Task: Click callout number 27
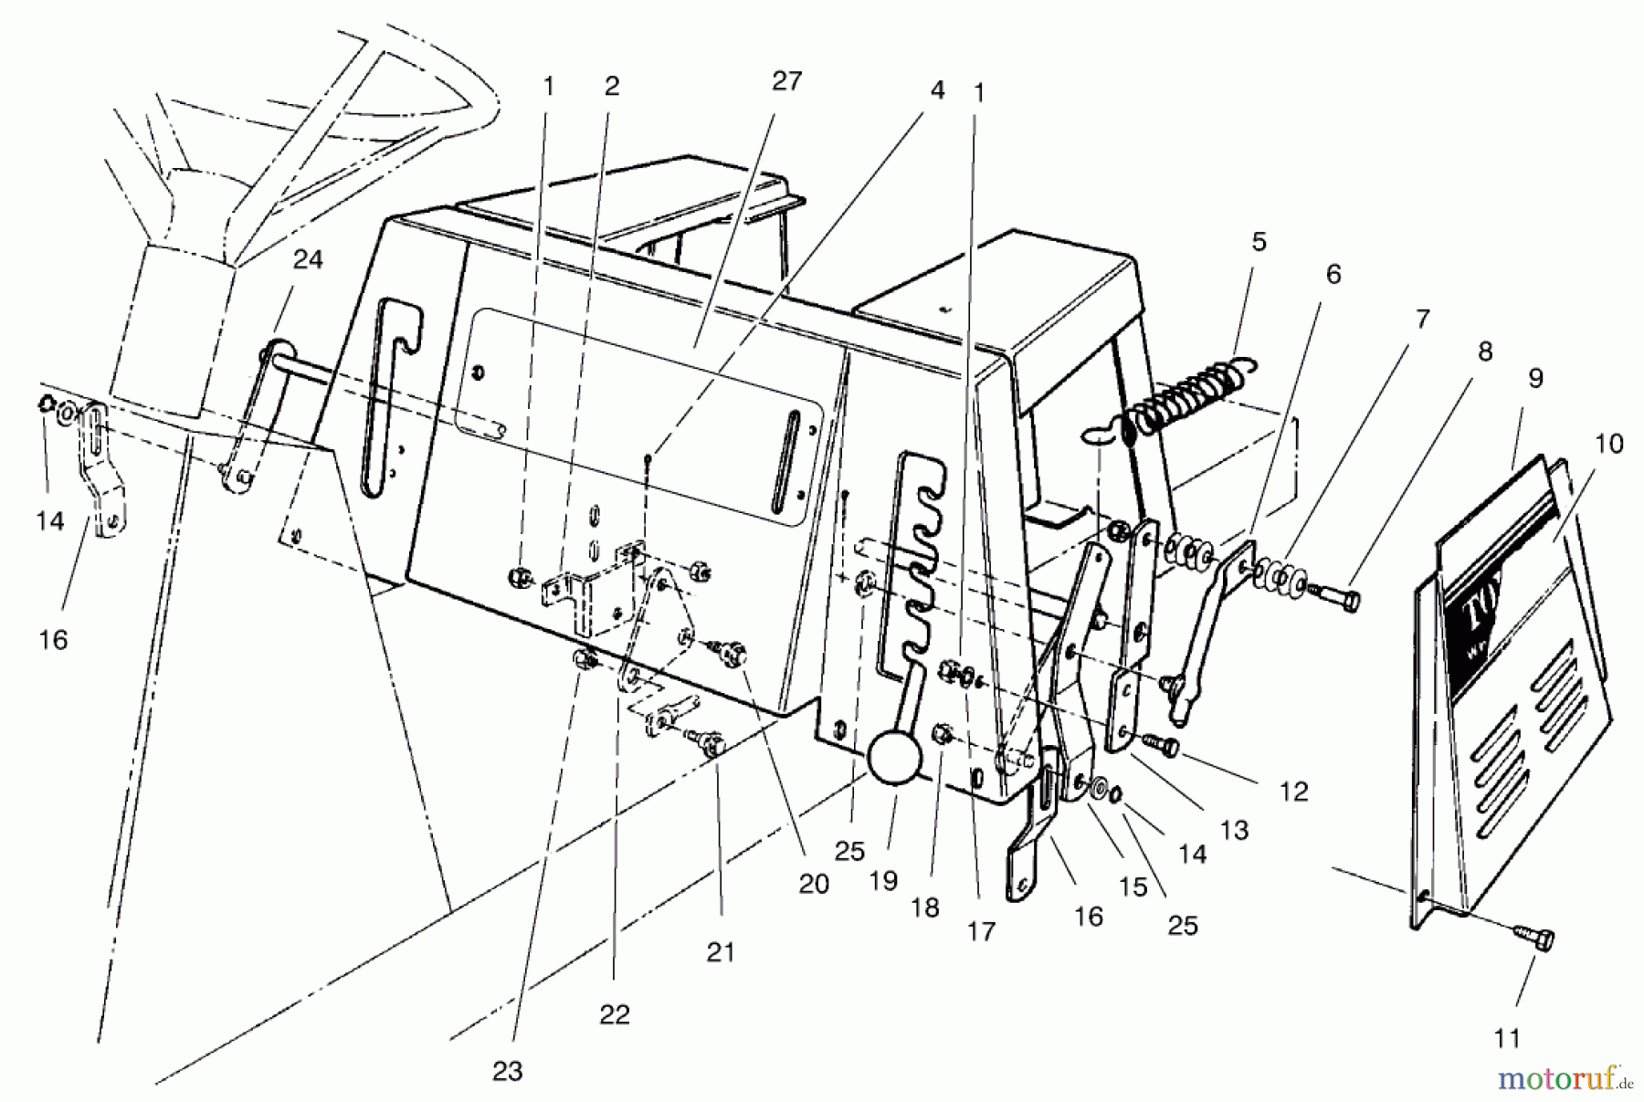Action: pyautogui.click(x=786, y=82)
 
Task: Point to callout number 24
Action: pyautogui.click(x=308, y=260)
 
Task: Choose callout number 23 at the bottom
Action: pyautogui.click(x=507, y=1071)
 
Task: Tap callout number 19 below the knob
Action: pyautogui.click(x=884, y=881)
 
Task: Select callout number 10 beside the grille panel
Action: pyautogui.click(x=1609, y=445)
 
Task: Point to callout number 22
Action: pyautogui.click(x=615, y=1015)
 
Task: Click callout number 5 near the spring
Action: pyautogui.click(x=1259, y=243)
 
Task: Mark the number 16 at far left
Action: pyautogui.click(x=54, y=640)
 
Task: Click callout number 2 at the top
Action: pyautogui.click(x=612, y=86)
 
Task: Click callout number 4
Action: pyautogui.click(x=937, y=90)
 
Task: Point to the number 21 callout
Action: pyautogui.click(x=721, y=953)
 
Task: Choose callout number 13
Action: pyautogui.click(x=1234, y=830)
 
